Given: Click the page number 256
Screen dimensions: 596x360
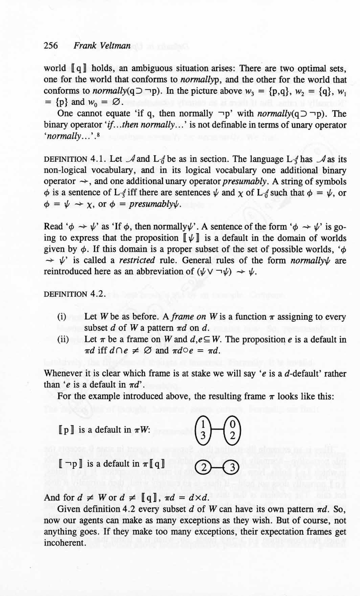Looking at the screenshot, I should pos(51,45).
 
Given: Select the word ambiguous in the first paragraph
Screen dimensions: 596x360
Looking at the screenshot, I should pos(152,68).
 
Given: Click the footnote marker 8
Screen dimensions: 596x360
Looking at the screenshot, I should pos(98,135).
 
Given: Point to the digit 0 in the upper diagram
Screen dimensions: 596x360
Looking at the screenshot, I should pos(232,424).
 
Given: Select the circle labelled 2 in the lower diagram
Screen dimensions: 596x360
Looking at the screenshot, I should pos(204,468).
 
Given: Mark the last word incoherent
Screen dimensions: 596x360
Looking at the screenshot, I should pos(64,543).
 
